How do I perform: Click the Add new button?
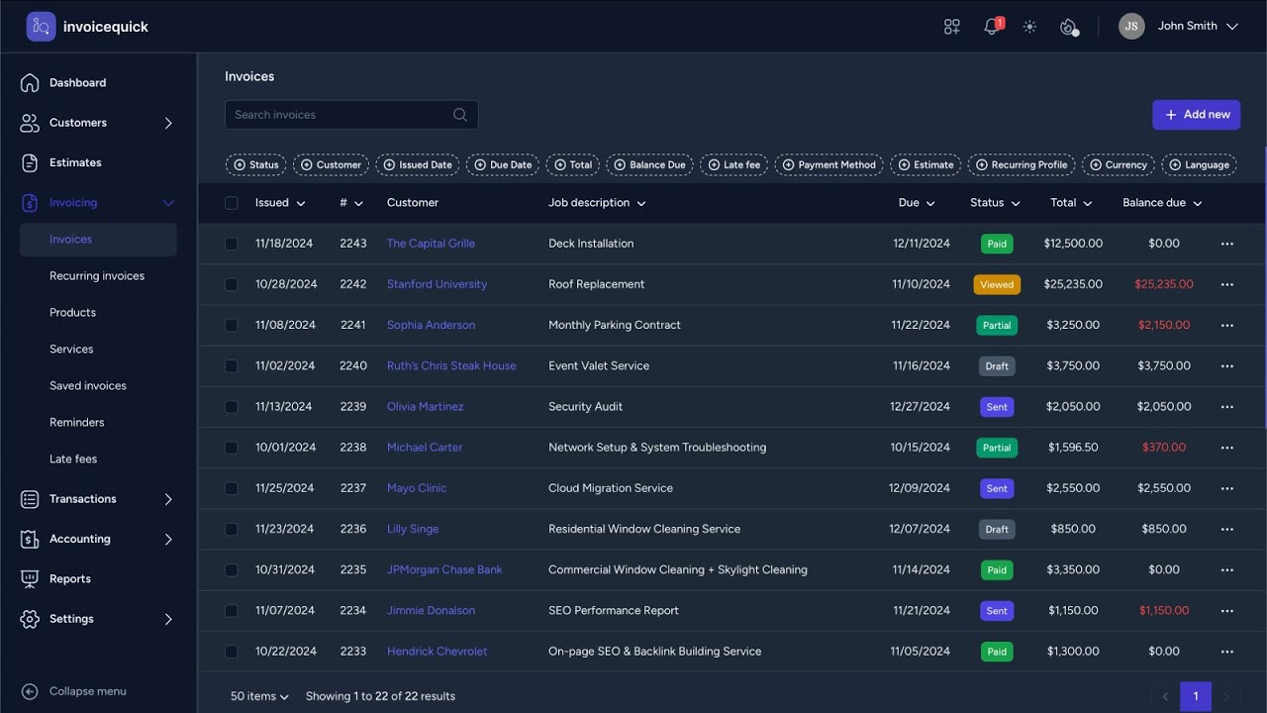pos(1196,115)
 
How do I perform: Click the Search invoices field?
pos(341,115)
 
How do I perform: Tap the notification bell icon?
pos(991,27)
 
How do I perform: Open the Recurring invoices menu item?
pos(97,276)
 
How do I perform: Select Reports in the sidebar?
pos(70,579)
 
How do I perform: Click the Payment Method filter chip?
pos(828,165)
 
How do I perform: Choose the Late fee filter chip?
pos(733,165)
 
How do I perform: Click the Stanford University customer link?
pos(437,284)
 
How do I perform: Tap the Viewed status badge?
pos(997,284)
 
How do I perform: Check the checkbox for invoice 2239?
pos(232,407)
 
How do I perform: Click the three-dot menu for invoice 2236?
pos(1227,529)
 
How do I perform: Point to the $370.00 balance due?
pos(1164,448)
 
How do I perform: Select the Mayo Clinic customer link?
pos(417,488)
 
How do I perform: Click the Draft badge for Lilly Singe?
pos(997,529)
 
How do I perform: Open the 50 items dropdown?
pos(259,696)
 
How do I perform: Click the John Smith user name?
pos(1187,27)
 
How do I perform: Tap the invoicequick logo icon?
pos(42,27)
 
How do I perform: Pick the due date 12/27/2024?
pos(920,407)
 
